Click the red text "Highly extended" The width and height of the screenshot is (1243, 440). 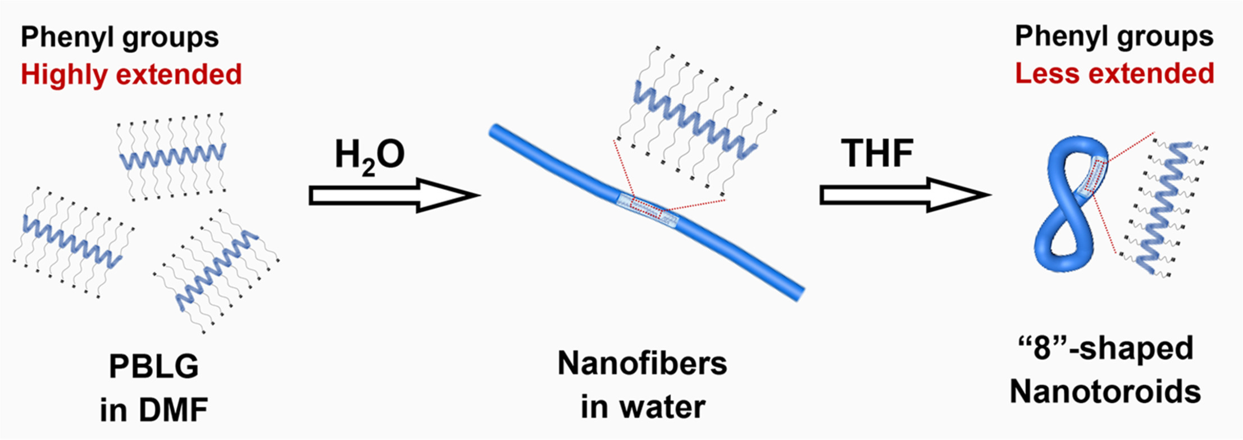[x=131, y=75]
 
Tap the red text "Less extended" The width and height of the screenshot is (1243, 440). [x=1114, y=74]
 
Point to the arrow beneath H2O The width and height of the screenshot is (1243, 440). [x=393, y=196]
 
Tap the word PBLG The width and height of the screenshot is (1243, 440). [x=154, y=367]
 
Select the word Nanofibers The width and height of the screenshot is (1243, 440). [x=642, y=364]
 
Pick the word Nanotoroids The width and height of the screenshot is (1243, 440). [x=1105, y=391]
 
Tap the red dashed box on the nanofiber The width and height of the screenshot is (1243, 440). [x=646, y=208]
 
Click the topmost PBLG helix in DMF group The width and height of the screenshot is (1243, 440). [x=172, y=156]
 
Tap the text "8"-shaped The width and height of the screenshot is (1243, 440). [x=1105, y=348]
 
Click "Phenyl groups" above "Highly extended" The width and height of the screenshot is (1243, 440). [x=120, y=37]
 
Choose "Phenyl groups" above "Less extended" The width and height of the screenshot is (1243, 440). [x=1114, y=36]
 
